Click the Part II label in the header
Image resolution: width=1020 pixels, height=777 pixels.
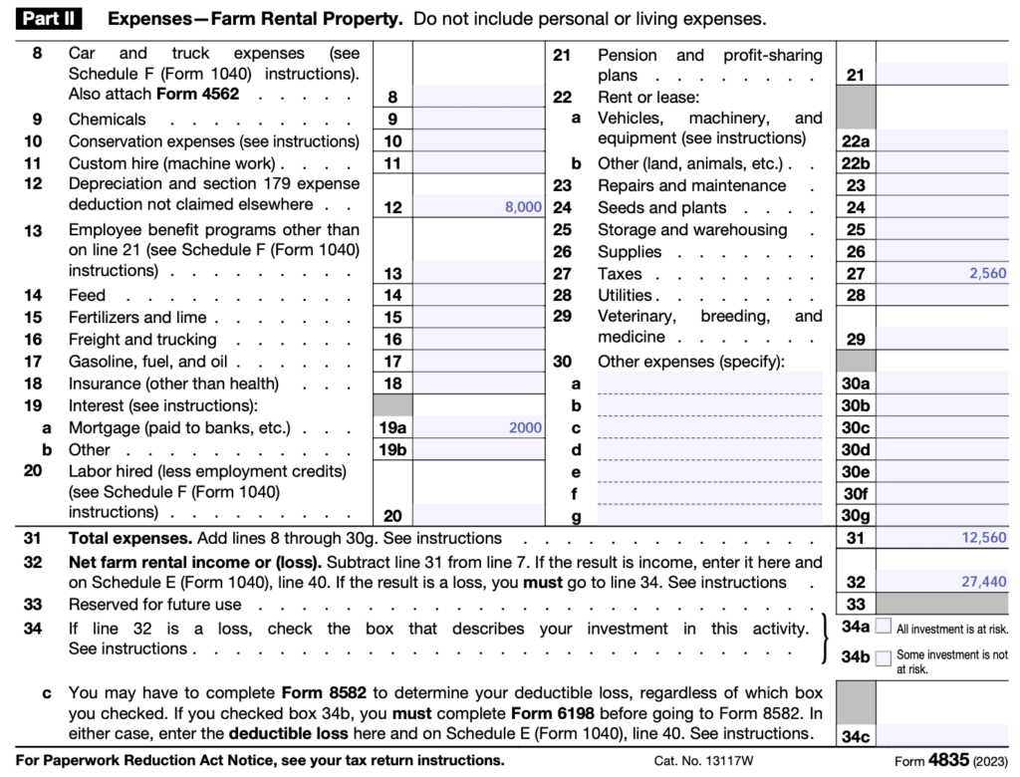(47, 19)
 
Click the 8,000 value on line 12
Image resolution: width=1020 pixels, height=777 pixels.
(523, 207)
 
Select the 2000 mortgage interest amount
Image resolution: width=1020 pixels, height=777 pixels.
(524, 428)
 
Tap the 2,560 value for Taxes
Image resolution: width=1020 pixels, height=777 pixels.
(987, 274)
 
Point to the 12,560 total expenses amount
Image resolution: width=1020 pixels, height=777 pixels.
(983, 538)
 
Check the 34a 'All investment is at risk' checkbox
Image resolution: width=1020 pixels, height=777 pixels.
(883, 628)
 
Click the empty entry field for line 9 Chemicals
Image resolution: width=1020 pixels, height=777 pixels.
(478, 120)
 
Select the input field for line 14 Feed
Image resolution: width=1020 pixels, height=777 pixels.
(478, 296)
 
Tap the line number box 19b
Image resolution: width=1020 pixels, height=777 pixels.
(392, 450)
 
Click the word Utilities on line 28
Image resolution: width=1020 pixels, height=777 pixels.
(625, 296)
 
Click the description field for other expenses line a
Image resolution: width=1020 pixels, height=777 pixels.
(715, 383)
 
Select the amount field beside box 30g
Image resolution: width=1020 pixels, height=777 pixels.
(942, 515)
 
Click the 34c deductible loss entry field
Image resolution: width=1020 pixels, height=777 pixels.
(942, 736)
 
